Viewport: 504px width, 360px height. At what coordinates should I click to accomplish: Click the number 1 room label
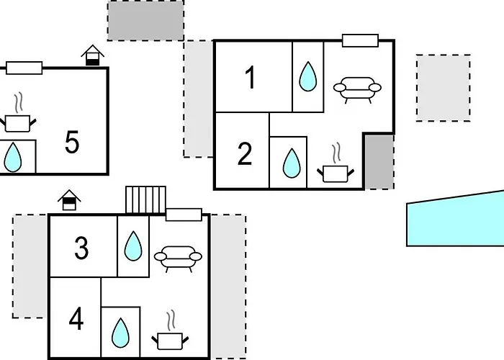(x=251, y=78)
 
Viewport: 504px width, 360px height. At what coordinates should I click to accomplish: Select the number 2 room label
(x=245, y=154)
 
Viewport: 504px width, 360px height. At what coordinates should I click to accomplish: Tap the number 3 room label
(x=81, y=248)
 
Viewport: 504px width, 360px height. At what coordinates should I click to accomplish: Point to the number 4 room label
(x=76, y=319)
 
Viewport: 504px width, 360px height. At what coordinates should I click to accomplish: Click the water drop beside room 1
(x=308, y=76)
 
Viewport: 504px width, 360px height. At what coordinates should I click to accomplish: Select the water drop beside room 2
(x=292, y=163)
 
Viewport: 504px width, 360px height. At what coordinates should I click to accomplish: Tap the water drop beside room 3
(x=133, y=246)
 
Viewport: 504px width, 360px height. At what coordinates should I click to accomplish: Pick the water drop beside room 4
(x=120, y=333)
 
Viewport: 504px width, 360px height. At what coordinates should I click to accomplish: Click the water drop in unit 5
(x=13, y=157)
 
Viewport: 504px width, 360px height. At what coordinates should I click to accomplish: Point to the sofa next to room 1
(x=357, y=89)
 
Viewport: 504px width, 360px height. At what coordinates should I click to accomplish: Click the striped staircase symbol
(x=145, y=199)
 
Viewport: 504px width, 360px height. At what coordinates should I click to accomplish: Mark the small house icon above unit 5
(x=92, y=55)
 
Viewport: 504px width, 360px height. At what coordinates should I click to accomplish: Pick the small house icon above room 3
(x=69, y=200)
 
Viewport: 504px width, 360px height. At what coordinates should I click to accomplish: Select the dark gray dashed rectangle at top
(x=145, y=20)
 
